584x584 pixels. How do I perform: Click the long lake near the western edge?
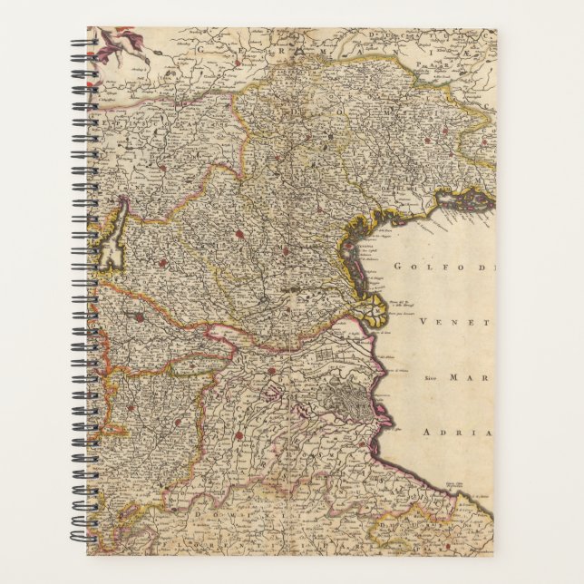click(112, 238)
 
